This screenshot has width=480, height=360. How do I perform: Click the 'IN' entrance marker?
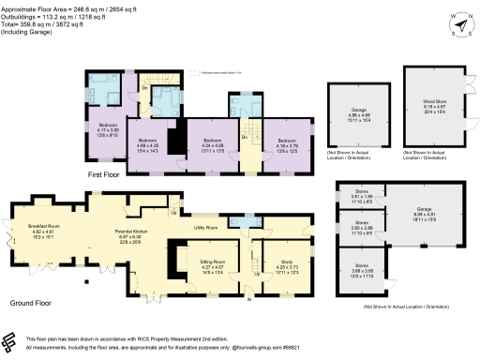pos(248,299)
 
